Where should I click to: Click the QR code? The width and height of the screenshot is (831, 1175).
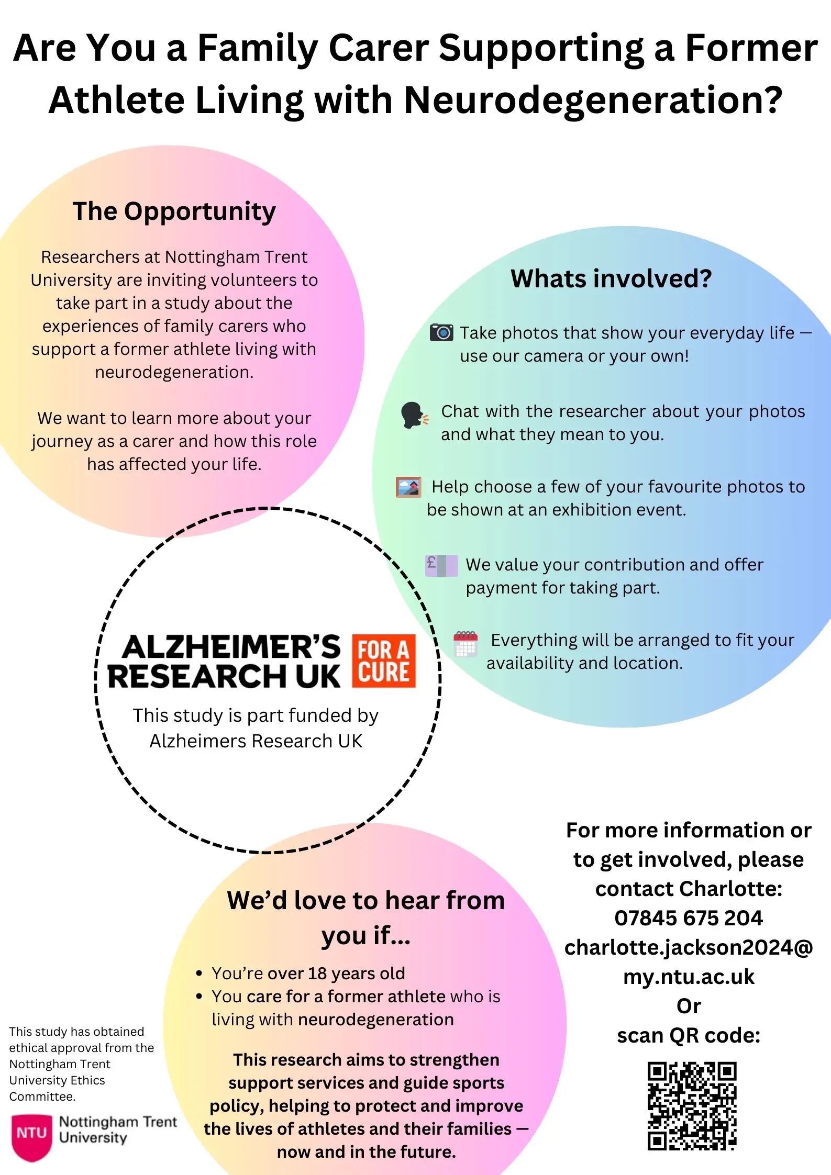pos(692,1105)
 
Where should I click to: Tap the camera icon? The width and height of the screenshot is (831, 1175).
pos(441,332)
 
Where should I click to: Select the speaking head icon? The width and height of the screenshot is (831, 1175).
pos(414,415)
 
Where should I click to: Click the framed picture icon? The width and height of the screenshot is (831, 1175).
pos(408,487)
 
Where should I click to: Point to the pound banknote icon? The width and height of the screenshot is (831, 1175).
pos(441,566)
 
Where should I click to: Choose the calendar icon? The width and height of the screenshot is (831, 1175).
pos(466,644)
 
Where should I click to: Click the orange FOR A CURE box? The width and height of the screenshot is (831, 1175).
pos(384,661)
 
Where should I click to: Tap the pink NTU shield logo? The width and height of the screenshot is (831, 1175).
pos(32,1136)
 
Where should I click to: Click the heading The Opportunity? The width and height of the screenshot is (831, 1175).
pos(174,211)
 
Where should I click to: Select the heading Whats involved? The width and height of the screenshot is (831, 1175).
pos(611,278)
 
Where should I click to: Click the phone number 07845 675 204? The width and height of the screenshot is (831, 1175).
pos(688,918)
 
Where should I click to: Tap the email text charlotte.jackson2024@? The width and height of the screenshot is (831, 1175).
pos(688,947)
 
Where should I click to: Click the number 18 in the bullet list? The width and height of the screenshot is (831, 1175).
pos(317,973)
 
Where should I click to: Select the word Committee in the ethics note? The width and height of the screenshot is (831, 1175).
pos(41,1096)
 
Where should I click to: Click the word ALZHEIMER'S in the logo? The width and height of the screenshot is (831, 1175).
pos(231,647)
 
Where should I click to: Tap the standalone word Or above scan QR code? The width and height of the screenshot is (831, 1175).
pos(688,1006)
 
